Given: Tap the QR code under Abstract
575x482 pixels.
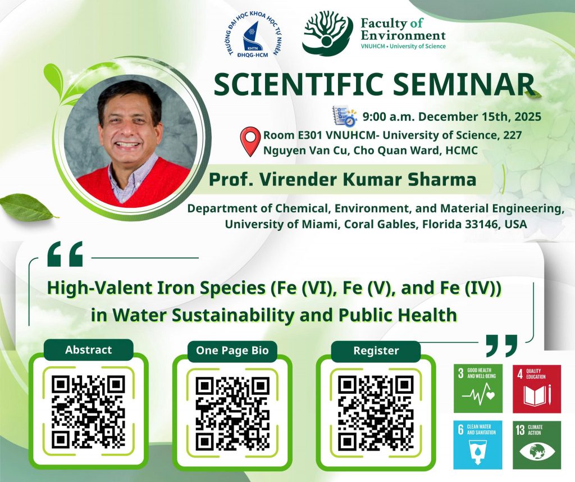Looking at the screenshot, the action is (88, 411).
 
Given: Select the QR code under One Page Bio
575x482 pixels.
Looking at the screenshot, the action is (232, 413).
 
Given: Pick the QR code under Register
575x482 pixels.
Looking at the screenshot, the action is (376, 412).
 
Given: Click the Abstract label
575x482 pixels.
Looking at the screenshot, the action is (88, 349).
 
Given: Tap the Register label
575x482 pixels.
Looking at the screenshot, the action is (376, 351).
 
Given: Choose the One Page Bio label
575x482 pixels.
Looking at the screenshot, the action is (232, 351).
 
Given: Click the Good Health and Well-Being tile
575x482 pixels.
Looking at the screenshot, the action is (478, 388).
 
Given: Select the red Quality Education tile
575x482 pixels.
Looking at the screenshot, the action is (537, 388).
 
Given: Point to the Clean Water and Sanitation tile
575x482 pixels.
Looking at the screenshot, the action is (478, 444).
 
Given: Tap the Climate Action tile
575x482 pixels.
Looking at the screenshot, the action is (537, 444).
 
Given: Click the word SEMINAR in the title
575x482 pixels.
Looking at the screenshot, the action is (463, 84).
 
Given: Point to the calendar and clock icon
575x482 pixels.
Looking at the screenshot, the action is (344, 116).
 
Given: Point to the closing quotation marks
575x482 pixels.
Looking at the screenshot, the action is (501, 345).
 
